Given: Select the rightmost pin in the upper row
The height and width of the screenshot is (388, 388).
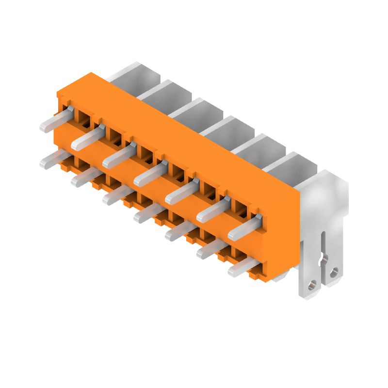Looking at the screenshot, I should point(242,227).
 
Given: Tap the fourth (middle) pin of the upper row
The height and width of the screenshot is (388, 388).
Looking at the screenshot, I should point(148,175).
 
